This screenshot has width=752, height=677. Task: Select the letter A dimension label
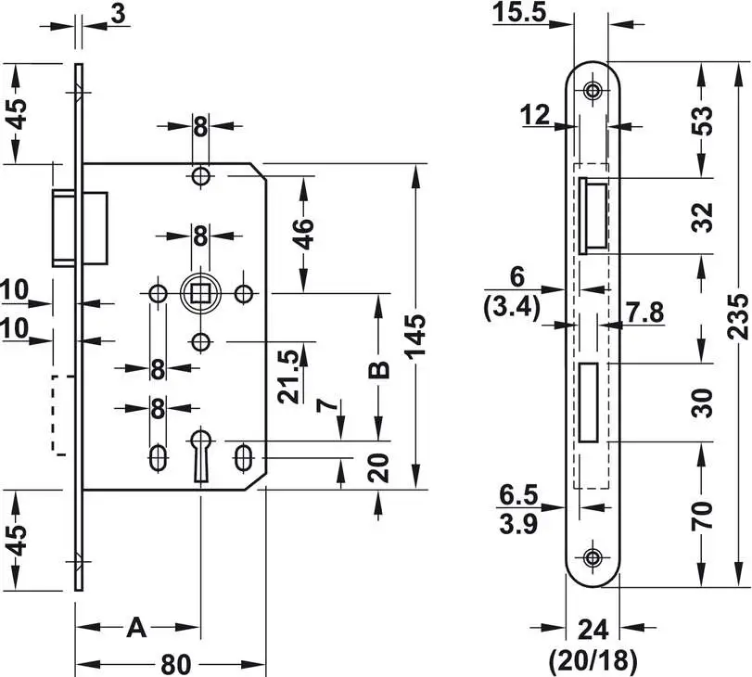(x=136, y=628)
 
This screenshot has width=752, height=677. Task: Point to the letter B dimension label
(x=378, y=369)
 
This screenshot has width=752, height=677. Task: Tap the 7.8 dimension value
(x=644, y=313)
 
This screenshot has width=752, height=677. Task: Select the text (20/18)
(x=593, y=660)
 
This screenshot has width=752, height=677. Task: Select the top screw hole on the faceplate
(x=593, y=91)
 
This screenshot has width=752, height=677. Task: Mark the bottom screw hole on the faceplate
(x=593, y=556)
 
